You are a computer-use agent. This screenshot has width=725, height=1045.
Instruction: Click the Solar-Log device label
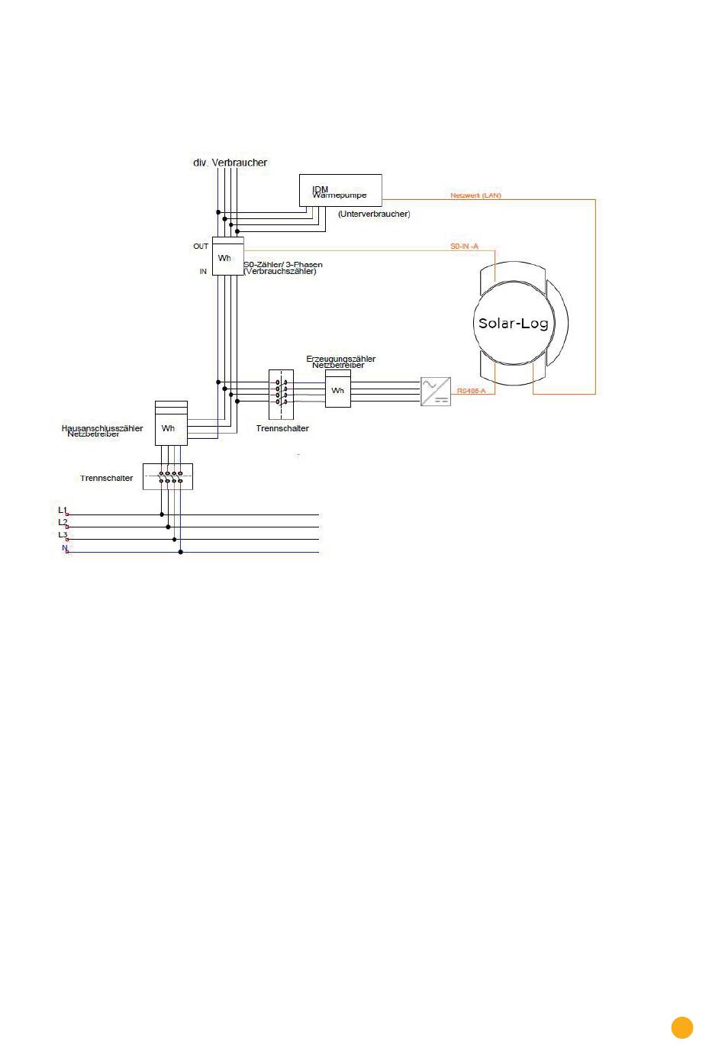pos(513,323)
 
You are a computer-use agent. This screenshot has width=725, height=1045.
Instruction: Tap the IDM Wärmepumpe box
pos(340,190)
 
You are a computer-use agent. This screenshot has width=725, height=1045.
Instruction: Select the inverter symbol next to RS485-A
pos(436,392)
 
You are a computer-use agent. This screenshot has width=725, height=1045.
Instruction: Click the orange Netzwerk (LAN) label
pos(475,195)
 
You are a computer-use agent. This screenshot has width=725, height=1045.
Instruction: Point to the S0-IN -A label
pos(464,246)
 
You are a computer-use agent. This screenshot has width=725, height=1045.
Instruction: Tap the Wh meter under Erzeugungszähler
pos(337,390)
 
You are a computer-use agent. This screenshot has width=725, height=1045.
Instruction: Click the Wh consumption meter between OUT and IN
pos(227,258)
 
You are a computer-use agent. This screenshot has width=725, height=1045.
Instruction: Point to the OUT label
pos(201,247)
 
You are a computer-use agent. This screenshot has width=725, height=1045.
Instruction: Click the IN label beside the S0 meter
pos(203,271)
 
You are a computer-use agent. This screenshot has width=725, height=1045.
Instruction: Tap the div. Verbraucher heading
pos(230,163)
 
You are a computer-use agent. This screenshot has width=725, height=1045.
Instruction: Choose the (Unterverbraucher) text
pos(374,214)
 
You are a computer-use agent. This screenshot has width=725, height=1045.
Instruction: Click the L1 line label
pos(63,509)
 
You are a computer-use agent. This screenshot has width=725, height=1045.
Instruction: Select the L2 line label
pos(63,522)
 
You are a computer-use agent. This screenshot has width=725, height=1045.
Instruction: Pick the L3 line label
pos(63,534)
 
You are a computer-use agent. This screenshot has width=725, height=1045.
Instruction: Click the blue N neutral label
pos(65,547)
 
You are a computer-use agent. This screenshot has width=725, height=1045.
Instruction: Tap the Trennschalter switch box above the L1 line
pos(168,477)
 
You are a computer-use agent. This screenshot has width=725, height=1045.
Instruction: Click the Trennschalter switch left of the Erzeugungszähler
pos(282,395)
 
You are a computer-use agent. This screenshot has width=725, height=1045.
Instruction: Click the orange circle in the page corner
pos(682,1027)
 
